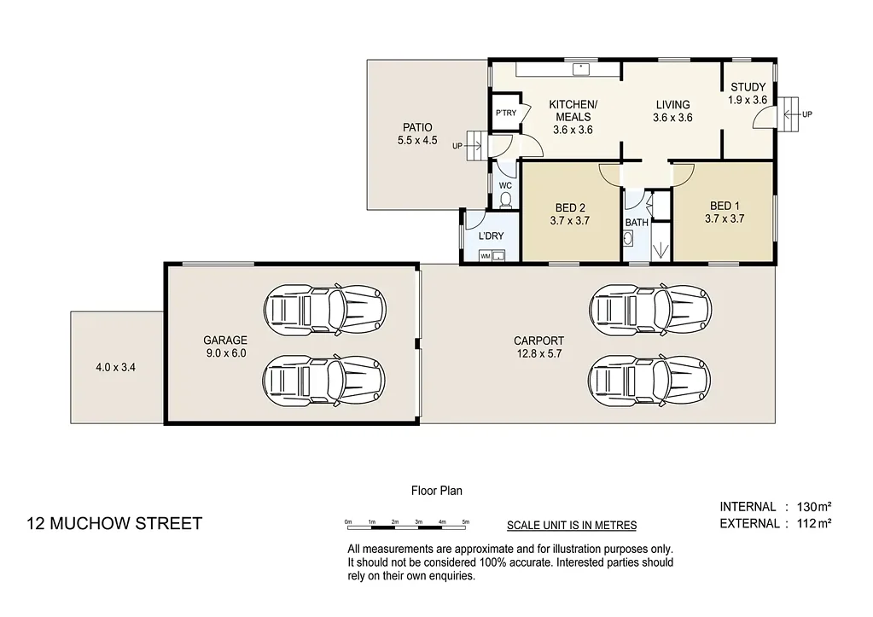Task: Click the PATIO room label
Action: (x=417, y=127)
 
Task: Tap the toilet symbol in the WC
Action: (x=505, y=200)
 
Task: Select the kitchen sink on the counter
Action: (x=581, y=69)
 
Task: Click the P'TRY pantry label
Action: (x=506, y=113)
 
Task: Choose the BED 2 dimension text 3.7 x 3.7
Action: (x=569, y=220)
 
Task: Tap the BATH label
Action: (x=637, y=223)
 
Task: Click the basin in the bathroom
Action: (x=628, y=238)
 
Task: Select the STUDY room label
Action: (x=748, y=87)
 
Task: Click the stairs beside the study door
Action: (x=788, y=114)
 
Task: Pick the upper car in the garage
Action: (x=324, y=310)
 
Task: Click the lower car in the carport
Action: (x=649, y=381)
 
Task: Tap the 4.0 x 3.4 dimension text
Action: (x=116, y=368)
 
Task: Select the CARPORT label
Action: (x=539, y=341)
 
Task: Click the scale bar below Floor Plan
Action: (x=407, y=524)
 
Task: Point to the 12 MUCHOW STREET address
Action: (x=114, y=523)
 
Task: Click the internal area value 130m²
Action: (x=814, y=507)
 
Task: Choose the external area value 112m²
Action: (x=814, y=523)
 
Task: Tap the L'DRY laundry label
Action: (x=491, y=236)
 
